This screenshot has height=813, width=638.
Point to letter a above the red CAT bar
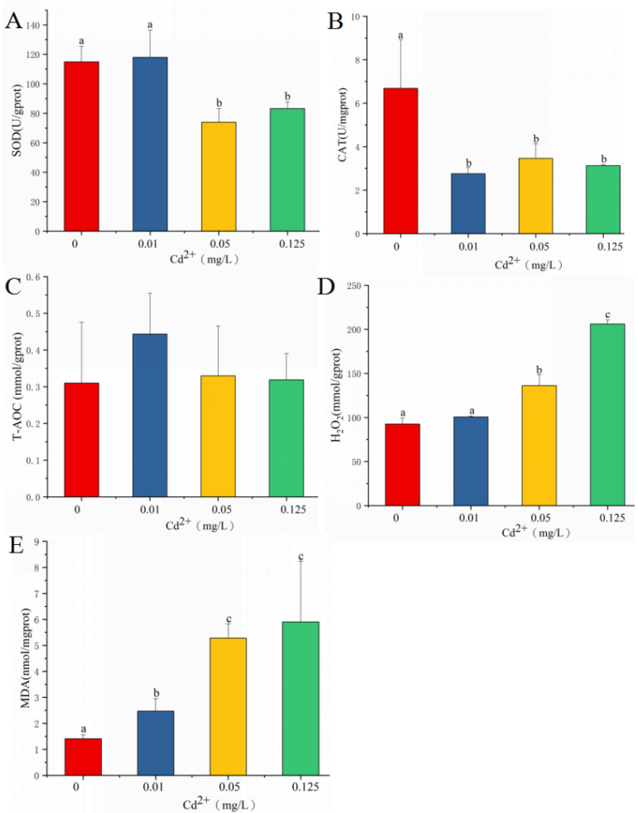pyautogui.click(x=401, y=36)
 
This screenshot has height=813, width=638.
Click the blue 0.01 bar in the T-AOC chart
pyautogui.click(x=150, y=415)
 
